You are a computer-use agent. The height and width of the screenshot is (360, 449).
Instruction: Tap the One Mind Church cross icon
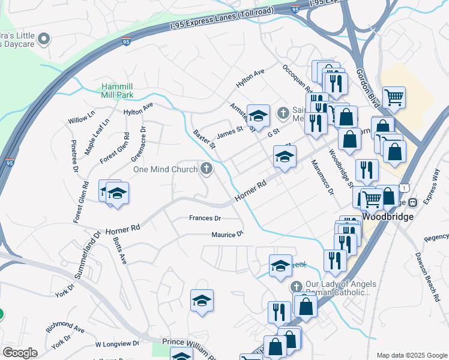207,169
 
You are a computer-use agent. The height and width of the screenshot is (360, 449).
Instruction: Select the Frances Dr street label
205,218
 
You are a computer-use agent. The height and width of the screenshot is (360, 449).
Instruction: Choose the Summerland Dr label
88,253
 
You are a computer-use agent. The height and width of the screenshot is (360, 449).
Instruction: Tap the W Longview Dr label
116,344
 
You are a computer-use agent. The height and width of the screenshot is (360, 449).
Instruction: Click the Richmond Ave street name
65,329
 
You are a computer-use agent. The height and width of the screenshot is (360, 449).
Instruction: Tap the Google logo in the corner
19,353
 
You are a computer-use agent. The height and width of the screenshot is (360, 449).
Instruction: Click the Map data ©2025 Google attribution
411,355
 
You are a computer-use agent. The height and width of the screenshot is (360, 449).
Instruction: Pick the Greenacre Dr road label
138,144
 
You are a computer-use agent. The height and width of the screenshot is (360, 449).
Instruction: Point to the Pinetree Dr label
74,157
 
